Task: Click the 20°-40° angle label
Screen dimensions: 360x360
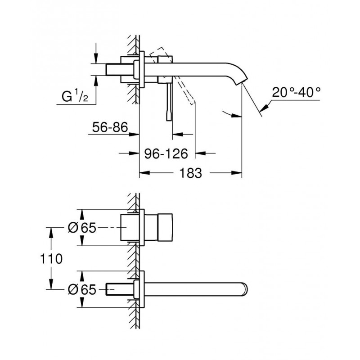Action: click(296, 93)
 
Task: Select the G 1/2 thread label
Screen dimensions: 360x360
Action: click(75, 97)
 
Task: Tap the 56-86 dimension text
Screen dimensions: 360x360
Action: click(110, 127)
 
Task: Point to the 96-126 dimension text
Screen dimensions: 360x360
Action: click(166, 153)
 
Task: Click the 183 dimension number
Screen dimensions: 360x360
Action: click(190, 173)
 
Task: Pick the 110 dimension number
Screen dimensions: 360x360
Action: click(51, 259)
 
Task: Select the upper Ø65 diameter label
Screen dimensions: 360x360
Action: click(82, 228)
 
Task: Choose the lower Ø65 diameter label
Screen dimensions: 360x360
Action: click(82, 289)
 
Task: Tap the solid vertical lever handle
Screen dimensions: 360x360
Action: click(169, 101)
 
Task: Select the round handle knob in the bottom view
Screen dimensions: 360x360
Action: click(165, 228)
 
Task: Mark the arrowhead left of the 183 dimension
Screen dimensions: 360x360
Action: click(144, 173)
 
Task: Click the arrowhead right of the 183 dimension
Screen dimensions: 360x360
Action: click(237, 173)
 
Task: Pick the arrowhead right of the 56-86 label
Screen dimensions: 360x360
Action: click(134, 134)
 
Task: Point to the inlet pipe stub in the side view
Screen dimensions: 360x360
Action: click(120, 69)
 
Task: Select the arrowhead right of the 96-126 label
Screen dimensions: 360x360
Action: click(200, 153)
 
